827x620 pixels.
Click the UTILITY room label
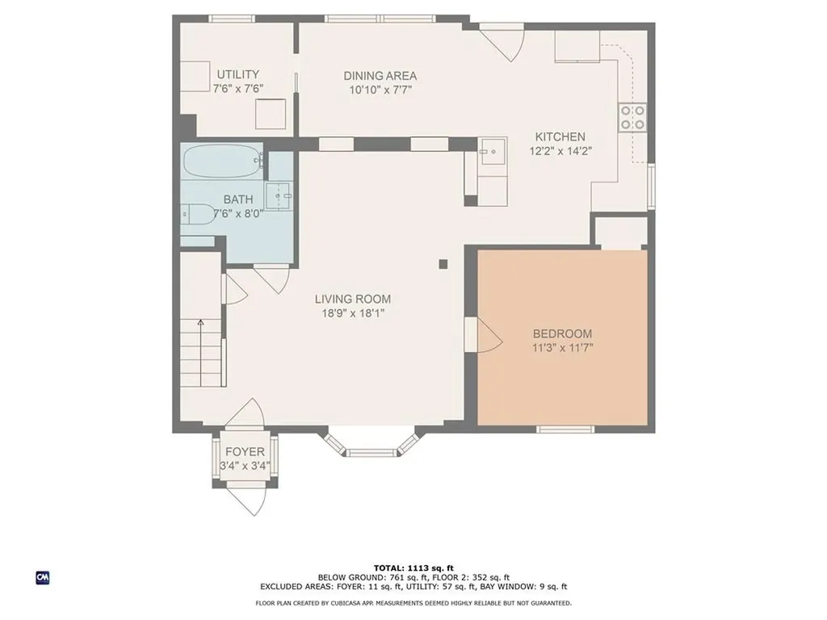pos(238,74)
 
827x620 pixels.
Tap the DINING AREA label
pos(380,76)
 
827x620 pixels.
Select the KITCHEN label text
pos(560,137)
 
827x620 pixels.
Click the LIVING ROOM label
pos(353,299)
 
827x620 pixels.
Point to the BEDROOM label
pos(562,333)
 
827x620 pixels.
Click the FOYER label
pos(245,452)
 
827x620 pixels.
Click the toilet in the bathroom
pos(198,213)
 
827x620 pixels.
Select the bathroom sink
pos(279,195)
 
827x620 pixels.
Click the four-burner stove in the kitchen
pos(632,117)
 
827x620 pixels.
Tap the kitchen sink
pos(493,151)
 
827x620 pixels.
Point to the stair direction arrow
pos(200,352)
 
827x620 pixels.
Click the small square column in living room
pos(443,264)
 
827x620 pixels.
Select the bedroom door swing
pos(489,335)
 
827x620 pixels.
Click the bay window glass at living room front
pos(372,452)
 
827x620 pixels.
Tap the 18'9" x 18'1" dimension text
pos(353,313)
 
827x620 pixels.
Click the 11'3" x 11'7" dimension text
pos(562,348)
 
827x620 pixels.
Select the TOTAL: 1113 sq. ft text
pos(413,568)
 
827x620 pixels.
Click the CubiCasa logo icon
pos(43,577)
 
